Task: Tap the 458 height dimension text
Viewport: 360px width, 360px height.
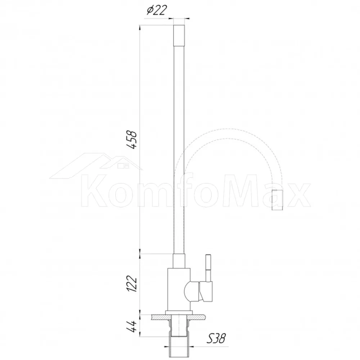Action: pos(132,140)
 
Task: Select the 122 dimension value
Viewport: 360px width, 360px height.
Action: pos(132,283)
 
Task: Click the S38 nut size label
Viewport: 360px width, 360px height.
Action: pos(216,338)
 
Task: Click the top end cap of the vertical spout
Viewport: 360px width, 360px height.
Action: pos(179,35)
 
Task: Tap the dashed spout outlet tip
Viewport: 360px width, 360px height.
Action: pos(277,200)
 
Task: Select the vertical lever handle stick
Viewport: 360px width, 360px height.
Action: pos(208,268)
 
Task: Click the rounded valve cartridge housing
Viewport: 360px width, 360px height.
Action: pos(192,291)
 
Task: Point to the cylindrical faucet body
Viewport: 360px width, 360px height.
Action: pos(179,289)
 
